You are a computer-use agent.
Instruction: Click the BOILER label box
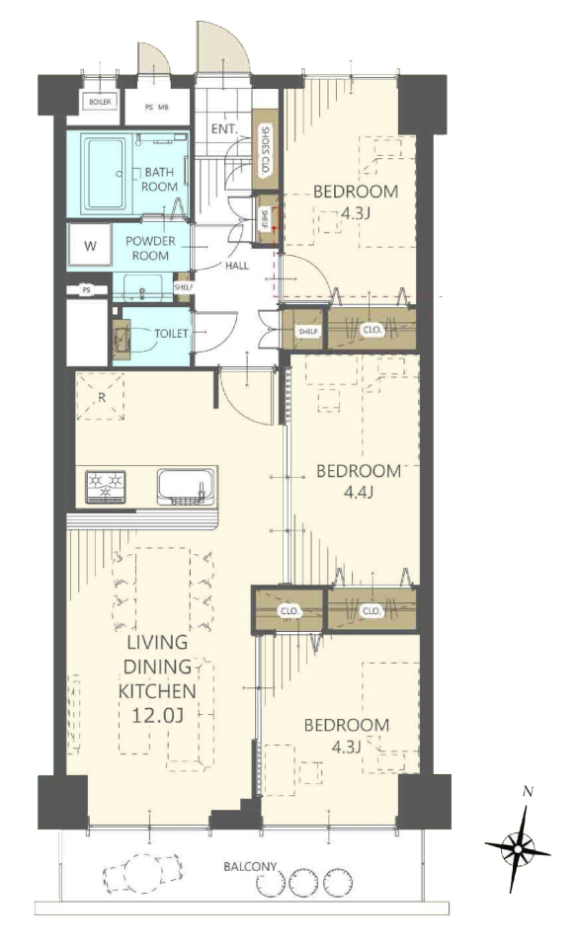point(100,102)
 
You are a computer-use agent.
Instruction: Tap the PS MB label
point(157,107)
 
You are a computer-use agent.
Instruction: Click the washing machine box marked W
point(90,246)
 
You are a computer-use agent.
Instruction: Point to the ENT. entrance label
point(224,129)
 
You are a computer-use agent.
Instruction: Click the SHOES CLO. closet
point(265,150)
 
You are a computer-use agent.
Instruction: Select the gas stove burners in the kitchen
point(106,486)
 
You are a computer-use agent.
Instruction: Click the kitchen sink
point(187,486)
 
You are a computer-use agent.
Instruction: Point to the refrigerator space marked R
point(101,397)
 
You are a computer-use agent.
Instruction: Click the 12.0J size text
point(157,716)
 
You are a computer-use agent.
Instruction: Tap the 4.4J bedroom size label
point(358,492)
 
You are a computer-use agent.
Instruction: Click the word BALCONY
point(250,866)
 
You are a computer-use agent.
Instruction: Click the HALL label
point(237,265)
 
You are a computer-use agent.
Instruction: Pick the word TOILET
point(171,333)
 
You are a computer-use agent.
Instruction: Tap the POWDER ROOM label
point(150,248)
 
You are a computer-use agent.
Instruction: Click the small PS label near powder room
point(87,290)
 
